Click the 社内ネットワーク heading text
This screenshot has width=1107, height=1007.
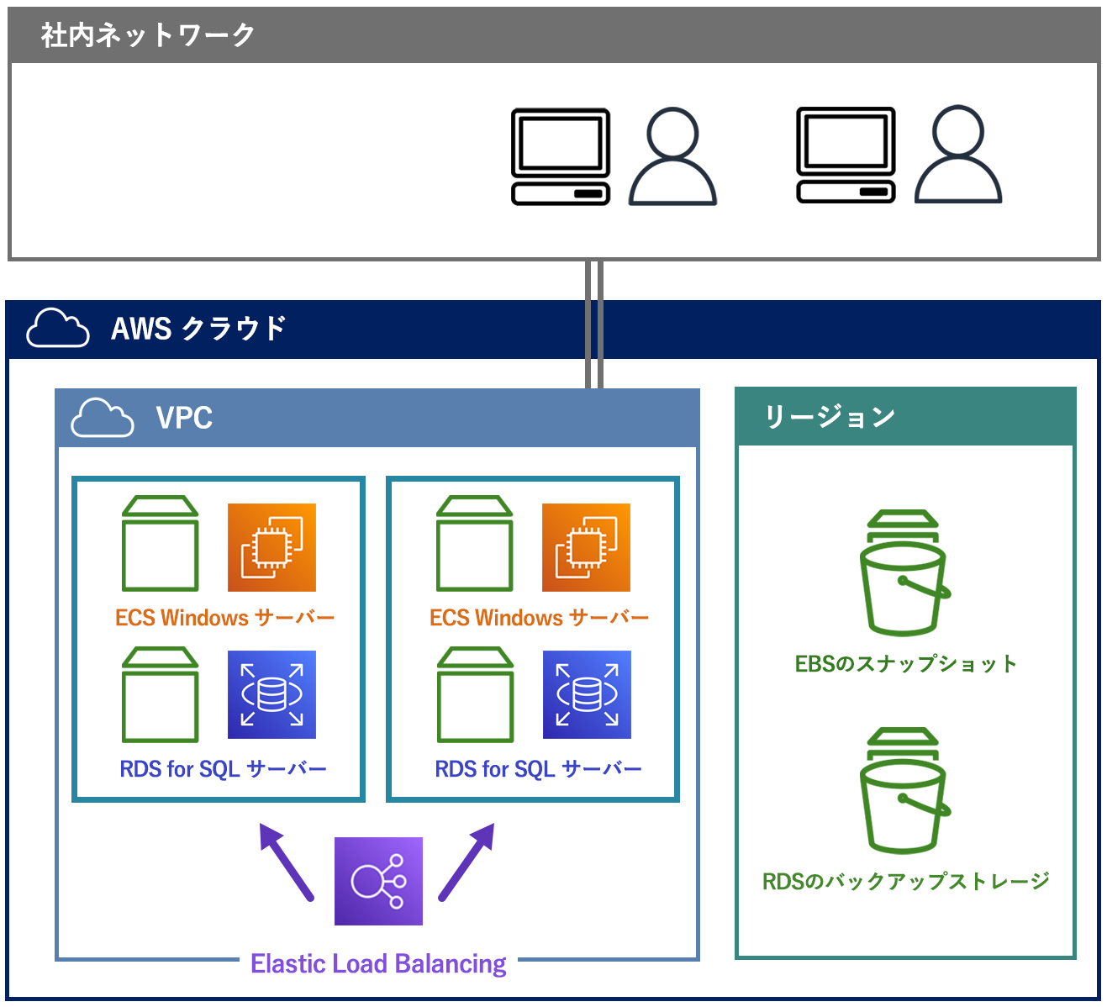[x=148, y=35]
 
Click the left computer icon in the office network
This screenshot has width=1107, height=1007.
[x=561, y=156]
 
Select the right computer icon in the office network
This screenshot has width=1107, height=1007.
[x=846, y=156]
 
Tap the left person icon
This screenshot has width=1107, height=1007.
[x=672, y=156]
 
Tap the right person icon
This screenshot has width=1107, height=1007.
[x=957, y=155]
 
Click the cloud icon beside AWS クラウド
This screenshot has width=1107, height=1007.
[x=58, y=328]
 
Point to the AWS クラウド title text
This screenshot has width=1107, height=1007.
[x=198, y=329]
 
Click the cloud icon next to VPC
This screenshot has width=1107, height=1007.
[x=103, y=418]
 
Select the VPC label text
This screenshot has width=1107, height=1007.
[x=184, y=418]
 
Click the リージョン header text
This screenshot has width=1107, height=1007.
[x=830, y=417]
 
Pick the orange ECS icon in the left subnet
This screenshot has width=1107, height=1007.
[x=271, y=547]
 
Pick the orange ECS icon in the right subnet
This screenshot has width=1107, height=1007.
[x=586, y=547]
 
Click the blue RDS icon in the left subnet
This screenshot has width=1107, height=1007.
[x=271, y=694]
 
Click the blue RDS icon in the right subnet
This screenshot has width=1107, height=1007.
[x=587, y=694]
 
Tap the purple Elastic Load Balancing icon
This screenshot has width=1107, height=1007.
[x=378, y=881]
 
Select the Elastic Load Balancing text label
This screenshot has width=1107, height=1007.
[x=378, y=963]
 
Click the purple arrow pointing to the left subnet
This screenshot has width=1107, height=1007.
[x=286, y=862]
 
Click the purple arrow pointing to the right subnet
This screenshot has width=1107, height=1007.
[x=467, y=862]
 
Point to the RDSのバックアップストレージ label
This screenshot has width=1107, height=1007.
[x=905, y=882]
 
